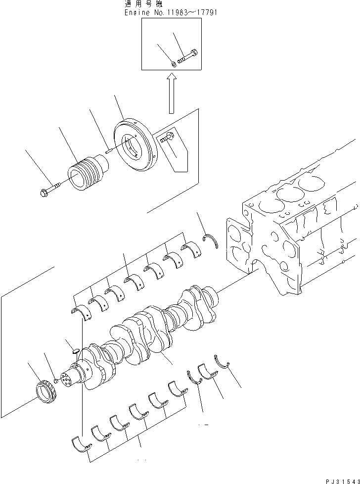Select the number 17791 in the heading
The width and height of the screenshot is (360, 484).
coord(206,12)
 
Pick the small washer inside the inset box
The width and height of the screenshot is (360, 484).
coord(174,62)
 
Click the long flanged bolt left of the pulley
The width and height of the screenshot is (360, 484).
coord(48,188)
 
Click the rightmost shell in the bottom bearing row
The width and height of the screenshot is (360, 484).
coord(177,388)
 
